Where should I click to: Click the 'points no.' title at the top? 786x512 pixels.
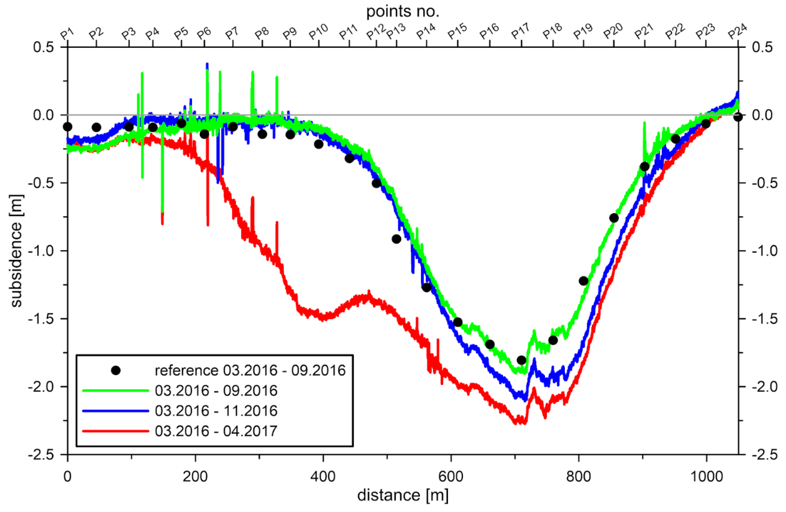(403, 12)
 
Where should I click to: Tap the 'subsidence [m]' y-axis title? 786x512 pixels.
(16, 251)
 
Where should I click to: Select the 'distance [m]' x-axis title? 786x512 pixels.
(403, 495)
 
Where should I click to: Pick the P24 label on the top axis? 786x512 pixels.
(737, 31)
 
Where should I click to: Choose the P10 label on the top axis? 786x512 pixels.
(318, 32)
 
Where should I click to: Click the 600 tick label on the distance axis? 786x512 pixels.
(451, 476)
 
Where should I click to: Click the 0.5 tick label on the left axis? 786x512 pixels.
(43, 47)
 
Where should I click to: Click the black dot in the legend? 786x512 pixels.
(116, 370)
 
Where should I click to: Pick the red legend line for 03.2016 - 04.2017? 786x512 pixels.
(116, 431)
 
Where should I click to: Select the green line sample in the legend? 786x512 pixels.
(116, 390)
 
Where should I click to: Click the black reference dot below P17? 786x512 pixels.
(521, 360)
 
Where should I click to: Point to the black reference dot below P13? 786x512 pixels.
(396, 239)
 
